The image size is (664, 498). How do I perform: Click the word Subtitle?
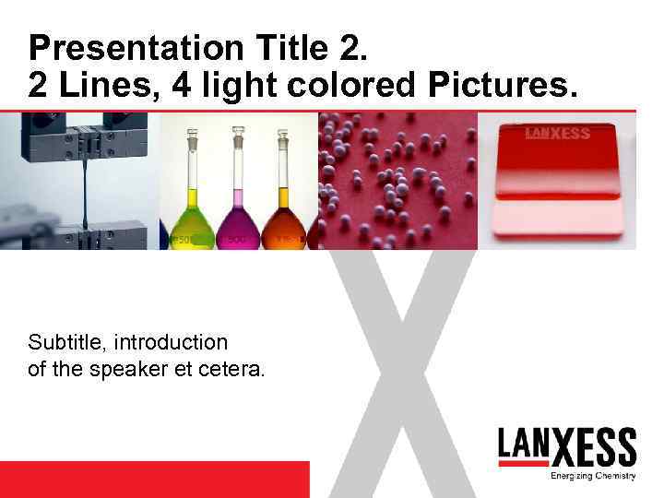coord(65,342)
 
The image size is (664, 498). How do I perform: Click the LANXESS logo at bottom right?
coord(566,447)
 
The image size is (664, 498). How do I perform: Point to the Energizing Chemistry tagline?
coord(593,476)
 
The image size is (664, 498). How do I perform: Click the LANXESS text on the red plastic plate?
coord(557,133)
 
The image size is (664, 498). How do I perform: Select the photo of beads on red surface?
coord(397,180)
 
